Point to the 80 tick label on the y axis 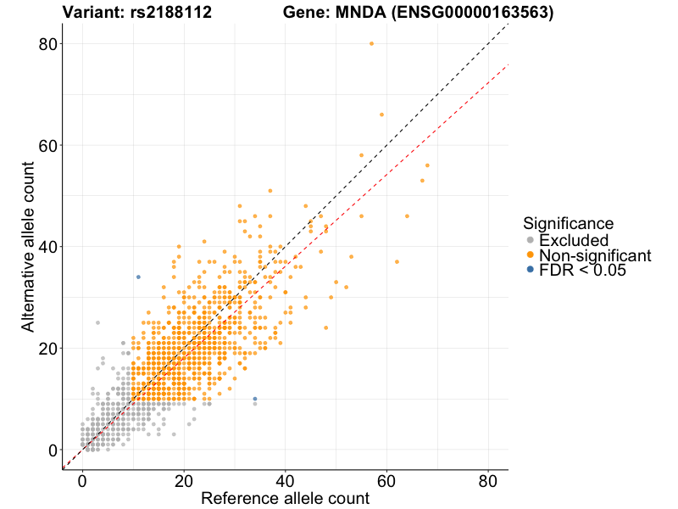(49, 44)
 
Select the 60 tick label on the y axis (49, 145)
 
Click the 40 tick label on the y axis (49, 247)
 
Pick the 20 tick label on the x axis (184, 480)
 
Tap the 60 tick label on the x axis (386, 480)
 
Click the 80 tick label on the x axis (488, 480)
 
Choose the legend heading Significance (568, 223)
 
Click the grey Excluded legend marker (531, 241)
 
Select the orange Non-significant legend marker (531, 255)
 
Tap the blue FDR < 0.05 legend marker (531, 270)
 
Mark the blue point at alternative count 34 (138, 277)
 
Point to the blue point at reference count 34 (255, 399)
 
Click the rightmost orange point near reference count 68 (427, 165)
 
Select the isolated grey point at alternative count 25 (97, 322)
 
